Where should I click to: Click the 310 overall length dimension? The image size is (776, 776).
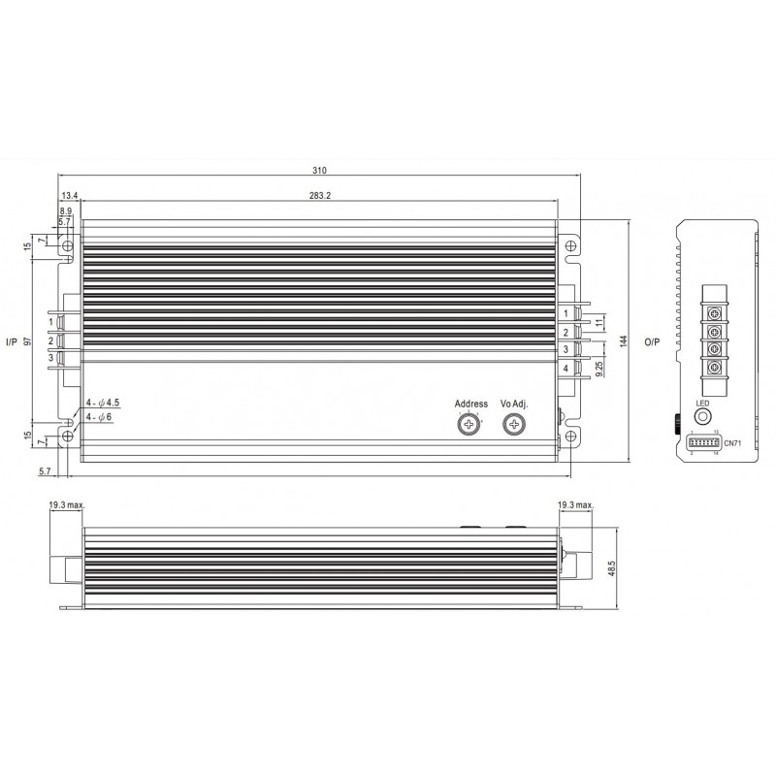(319, 172)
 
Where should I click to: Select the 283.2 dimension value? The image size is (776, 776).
(317, 195)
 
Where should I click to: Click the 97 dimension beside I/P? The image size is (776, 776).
(28, 340)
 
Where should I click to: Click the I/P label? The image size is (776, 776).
(11, 341)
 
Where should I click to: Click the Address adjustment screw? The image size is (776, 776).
(469, 425)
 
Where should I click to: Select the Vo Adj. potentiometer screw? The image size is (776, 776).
(513, 425)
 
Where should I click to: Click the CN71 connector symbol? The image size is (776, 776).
(703, 441)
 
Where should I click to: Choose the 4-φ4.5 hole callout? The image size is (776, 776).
(104, 401)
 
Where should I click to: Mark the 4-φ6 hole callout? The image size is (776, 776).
(101, 416)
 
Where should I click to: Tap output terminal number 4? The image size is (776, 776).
(566, 369)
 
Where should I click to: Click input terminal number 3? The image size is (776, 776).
(49, 358)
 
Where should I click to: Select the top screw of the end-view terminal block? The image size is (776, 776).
(717, 311)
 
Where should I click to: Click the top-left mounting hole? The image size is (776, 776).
(67, 246)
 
